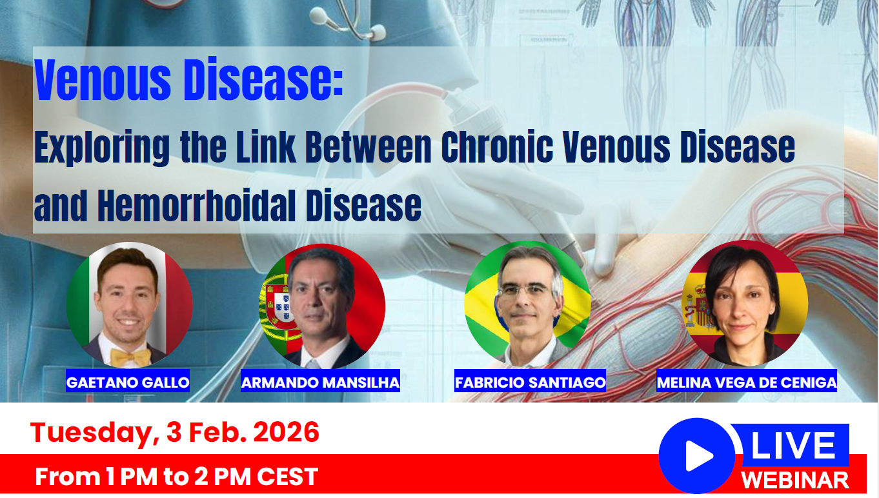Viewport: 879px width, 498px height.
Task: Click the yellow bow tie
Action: pyautogui.click(x=130, y=357)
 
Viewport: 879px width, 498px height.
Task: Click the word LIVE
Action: pyautogui.click(x=793, y=446)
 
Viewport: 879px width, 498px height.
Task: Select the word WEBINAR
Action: pyautogui.click(x=795, y=480)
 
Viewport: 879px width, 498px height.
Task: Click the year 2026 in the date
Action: pyautogui.click(x=286, y=432)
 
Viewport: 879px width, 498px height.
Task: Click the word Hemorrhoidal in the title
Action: pyautogui.click(x=196, y=206)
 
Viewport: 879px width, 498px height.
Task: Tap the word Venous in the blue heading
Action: pyautogui.click(x=103, y=80)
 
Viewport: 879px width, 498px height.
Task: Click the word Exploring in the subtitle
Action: pyautogui.click(x=102, y=148)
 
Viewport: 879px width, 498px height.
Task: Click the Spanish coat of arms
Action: pyautogui.click(x=698, y=306)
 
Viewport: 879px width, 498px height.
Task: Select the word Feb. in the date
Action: pyautogui.click(x=217, y=432)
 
